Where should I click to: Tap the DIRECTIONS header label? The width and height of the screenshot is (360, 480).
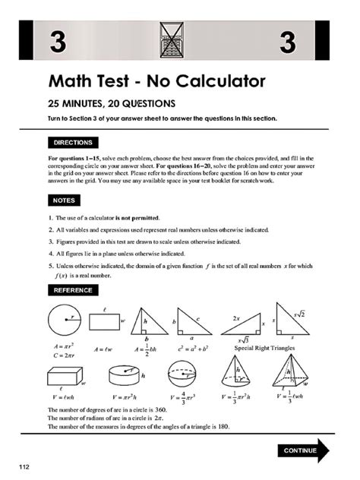(72, 142)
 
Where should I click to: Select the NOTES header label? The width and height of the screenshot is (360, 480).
(62, 201)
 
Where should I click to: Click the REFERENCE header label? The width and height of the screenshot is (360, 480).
(73, 290)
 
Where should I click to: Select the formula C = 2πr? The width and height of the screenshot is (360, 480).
(60, 354)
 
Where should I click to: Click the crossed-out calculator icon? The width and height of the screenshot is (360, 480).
(172, 41)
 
